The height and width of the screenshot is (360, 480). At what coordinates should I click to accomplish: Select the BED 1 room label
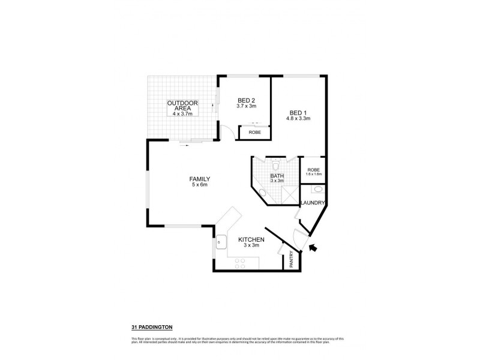pyautogui.click(x=298, y=112)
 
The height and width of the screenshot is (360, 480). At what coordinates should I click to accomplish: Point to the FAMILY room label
pyautogui.click(x=199, y=179)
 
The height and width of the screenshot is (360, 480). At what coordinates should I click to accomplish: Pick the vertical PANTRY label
pyautogui.click(x=291, y=259)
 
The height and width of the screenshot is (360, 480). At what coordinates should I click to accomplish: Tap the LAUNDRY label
pyautogui.click(x=312, y=203)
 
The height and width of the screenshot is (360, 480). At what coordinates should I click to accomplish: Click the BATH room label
pyautogui.click(x=277, y=175)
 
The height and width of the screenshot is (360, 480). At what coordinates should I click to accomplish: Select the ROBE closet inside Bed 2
pyautogui.click(x=255, y=132)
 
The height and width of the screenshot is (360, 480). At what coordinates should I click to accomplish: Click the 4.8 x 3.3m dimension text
pyautogui.click(x=298, y=119)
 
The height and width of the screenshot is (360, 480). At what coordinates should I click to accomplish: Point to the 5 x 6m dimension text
pyautogui.click(x=199, y=185)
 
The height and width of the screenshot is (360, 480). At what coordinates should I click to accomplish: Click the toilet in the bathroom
pyautogui.click(x=275, y=164)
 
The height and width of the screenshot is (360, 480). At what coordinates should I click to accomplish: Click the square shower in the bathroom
pyautogui.click(x=289, y=194)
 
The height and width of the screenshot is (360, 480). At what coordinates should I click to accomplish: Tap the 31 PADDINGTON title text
pyautogui.click(x=152, y=327)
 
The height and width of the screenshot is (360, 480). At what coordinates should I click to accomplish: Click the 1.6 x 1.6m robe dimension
pyautogui.click(x=313, y=174)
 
